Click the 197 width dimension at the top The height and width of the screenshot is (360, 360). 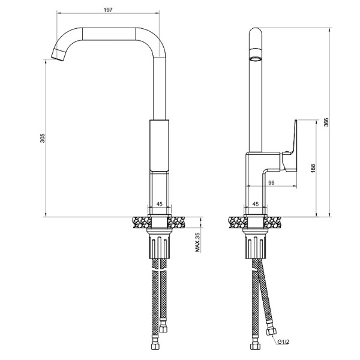pyautogui.click(x=108, y=11)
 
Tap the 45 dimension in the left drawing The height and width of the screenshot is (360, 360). pyautogui.click(x=160, y=205)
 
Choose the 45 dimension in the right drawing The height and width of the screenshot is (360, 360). pyautogui.click(x=256, y=205)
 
